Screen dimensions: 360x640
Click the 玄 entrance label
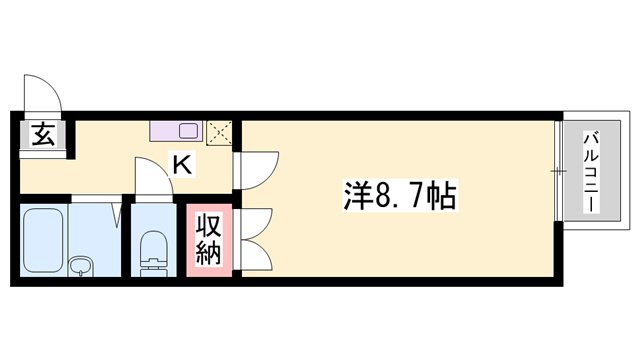click(x=43, y=133)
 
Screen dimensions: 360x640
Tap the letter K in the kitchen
click(x=183, y=164)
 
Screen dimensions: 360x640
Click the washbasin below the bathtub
click(x=80, y=266)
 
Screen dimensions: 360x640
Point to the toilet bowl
click(x=154, y=251)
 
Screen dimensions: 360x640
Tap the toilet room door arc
click(x=150, y=177)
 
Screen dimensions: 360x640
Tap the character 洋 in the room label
click(x=356, y=192)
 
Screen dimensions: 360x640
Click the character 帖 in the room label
click(x=441, y=192)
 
